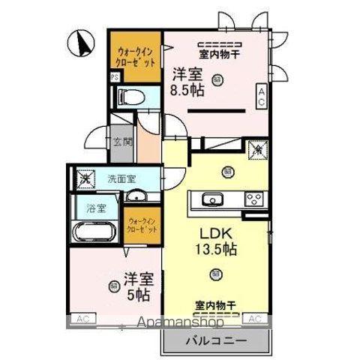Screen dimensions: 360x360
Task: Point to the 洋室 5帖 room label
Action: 138,286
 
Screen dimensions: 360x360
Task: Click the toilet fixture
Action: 132,97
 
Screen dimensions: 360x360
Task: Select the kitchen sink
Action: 213,199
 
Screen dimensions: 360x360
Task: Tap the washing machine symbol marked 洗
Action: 87,179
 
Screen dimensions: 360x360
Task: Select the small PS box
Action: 115,76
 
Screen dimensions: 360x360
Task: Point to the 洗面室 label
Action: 121,179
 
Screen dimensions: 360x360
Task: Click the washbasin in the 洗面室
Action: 137,196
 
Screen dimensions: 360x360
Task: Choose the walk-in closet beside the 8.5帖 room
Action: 136,56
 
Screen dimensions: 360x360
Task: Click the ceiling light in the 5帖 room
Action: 113,286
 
